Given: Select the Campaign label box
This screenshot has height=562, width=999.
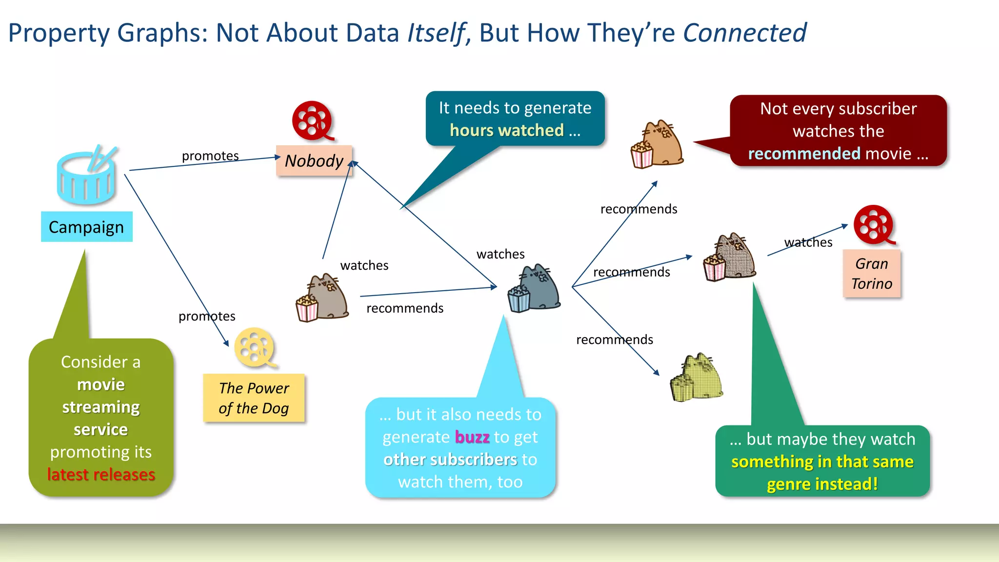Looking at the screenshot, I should point(86,227).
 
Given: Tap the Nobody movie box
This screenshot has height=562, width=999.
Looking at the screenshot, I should point(314,161).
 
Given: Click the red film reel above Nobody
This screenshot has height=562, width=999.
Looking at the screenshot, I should point(312,120).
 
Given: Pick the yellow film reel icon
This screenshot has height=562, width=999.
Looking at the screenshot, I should point(255,347).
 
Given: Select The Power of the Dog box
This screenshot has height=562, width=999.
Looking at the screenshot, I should point(254,398).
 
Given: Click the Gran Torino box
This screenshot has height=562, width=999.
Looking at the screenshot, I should point(872,274).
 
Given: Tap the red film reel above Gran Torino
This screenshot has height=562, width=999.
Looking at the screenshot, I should point(874,225).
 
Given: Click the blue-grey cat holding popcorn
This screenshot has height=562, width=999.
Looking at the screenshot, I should point(535,289).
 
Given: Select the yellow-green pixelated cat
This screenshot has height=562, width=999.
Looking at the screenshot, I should point(697,378).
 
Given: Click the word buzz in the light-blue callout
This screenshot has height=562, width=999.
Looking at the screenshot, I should point(472,437).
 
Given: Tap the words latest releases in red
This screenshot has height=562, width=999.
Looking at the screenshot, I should point(101,475).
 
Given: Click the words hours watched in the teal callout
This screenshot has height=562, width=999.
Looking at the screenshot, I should point(507,130).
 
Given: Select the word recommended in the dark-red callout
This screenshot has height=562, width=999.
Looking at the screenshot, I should point(804,154).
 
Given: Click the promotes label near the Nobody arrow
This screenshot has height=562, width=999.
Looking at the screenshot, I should point(210,156).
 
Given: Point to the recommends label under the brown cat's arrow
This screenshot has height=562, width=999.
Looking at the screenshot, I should point(405,308).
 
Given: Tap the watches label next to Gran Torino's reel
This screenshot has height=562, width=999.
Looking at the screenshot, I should point(808,242).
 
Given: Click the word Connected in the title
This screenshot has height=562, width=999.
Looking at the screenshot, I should point(744,33).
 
